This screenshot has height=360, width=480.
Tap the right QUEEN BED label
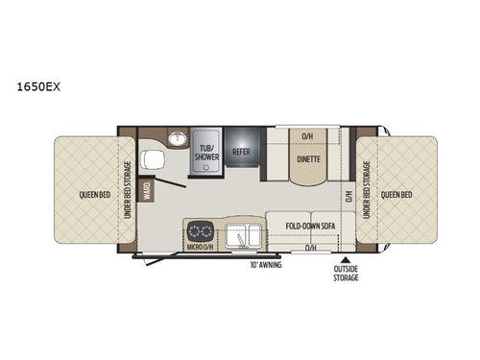pyautogui.click(x=396, y=192)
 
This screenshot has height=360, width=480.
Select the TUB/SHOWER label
pyautogui.click(x=206, y=154)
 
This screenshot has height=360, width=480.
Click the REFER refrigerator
pyautogui.click(x=242, y=151)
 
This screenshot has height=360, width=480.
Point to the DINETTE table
pyautogui.click(x=307, y=159)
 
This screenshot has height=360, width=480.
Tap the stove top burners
pyautogui.click(x=203, y=231)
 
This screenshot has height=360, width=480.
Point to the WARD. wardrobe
pyautogui.click(x=147, y=191)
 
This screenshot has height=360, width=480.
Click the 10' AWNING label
pyautogui.click(x=265, y=263)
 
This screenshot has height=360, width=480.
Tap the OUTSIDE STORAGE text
pyautogui.click(x=346, y=274)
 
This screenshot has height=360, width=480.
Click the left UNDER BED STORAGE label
pyautogui.click(x=127, y=188)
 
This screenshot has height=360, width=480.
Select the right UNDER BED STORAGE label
pyautogui.click(x=366, y=189)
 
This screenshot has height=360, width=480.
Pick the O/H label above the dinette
pyautogui.click(x=306, y=135)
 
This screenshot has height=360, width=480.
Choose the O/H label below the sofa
pyautogui.click(x=310, y=247)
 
